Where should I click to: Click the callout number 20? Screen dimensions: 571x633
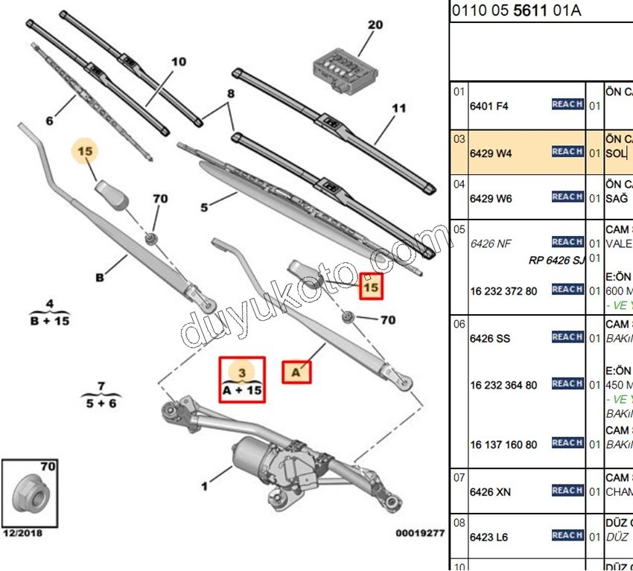tap(375, 25)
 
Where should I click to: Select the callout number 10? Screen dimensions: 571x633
tap(178, 62)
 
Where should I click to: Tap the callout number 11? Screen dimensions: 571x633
tap(399, 108)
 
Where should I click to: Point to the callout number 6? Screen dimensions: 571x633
tap(49, 121)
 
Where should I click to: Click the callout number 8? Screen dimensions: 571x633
tap(230, 95)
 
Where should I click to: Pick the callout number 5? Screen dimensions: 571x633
tap(204, 208)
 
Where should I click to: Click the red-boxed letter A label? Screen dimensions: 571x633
tap(296, 371)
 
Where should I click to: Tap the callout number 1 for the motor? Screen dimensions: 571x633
tap(204, 488)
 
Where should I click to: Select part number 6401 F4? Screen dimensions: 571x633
tap(489, 106)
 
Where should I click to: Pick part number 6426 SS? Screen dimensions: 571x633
tap(489, 339)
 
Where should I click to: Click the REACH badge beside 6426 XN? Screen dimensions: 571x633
tap(567, 491)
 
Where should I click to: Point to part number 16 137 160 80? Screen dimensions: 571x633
tap(503, 445)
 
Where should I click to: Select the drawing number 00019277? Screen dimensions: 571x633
tap(419, 534)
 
